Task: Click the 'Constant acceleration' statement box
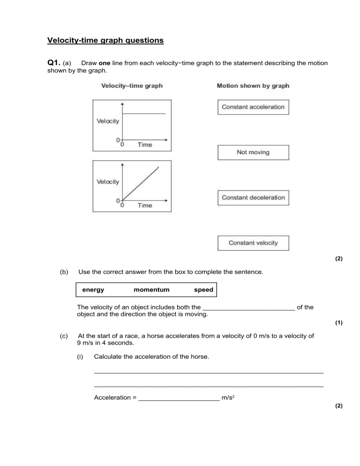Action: point(253,107)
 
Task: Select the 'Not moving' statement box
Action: point(253,152)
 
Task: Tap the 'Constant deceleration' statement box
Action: point(253,197)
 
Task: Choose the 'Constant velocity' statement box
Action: point(253,243)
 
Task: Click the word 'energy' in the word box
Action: point(93,290)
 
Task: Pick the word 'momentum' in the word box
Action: point(151,290)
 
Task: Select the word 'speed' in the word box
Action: point(203,290)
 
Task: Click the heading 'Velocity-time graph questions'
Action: point(105,40)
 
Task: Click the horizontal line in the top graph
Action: point(144,113)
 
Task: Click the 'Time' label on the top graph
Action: point(145,145)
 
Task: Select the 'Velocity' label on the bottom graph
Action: point(108,182)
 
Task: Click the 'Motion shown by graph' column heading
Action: point(253,86)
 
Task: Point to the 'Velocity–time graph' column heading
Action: point(132,86)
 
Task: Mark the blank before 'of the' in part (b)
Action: point(249,308)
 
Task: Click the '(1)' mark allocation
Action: point(339,323)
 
